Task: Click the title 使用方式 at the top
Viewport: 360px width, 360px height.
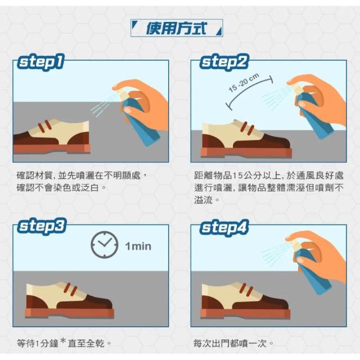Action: point(176,29)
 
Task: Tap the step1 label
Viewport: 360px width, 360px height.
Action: point(40,62)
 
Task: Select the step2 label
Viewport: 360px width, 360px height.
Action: point(224,62)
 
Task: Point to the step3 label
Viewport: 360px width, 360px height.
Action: point(42,226)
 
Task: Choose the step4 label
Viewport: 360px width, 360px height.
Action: point(224,227)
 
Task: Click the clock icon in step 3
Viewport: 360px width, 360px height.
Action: point(105,245)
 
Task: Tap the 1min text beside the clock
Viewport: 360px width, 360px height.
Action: point(138,246)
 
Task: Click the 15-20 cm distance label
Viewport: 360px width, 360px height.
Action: point(244,83)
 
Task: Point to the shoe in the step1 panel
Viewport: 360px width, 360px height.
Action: point(52,136)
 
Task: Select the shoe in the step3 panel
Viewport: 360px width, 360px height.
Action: point(70,300)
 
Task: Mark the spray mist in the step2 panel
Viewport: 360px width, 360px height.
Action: point(277,97)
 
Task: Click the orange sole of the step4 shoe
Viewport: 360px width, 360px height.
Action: point(245,314)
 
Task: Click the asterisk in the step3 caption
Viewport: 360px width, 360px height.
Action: point(63,341)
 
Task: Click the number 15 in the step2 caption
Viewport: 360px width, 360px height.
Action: point(237,175)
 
